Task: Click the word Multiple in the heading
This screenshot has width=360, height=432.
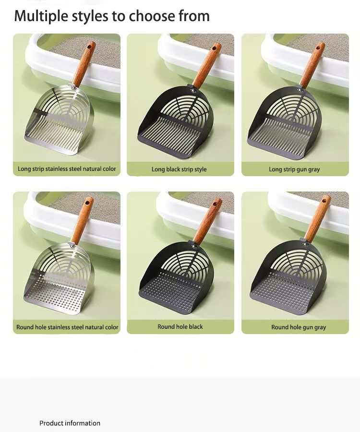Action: coord(41,16)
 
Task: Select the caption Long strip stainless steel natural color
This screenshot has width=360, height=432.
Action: coord(67,169)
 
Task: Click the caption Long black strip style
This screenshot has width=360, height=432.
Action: coord(179,169)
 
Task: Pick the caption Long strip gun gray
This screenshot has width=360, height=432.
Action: coord(294,169)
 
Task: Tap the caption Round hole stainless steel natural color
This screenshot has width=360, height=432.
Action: coord(67,327)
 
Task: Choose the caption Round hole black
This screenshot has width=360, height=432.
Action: coord(180,326)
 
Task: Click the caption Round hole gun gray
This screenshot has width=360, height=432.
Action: coord(299,327)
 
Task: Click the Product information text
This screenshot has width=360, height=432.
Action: coord(70,423)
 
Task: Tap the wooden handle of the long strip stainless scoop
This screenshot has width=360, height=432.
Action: coord(84,64)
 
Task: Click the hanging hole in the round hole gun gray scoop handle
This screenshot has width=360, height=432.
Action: coord(325,200)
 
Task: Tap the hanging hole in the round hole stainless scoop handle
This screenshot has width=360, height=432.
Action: coord(87,203)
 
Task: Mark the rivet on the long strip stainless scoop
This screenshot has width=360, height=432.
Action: coord(73,88)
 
